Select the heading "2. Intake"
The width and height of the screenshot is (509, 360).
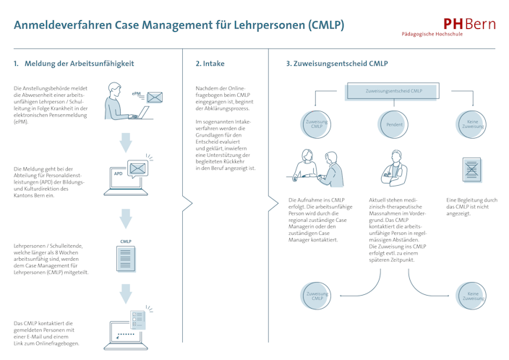point(210,64)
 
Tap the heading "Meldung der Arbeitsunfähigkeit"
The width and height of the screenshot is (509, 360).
point(80,64)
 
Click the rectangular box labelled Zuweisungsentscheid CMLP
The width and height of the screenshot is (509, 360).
point(394,91)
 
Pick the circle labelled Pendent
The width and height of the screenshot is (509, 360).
point(394,124)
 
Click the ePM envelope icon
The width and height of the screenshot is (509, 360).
point(155,98)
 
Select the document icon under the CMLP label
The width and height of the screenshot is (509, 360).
point(126,258)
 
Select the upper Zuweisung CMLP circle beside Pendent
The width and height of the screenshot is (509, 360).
point(316,124)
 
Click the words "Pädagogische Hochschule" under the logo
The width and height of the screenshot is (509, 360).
point(449,35)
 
